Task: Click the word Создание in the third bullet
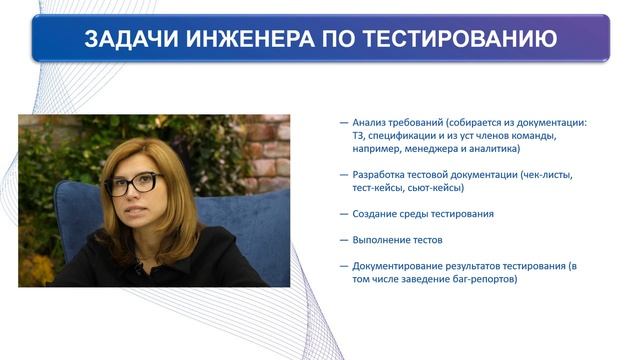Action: pos(376,214)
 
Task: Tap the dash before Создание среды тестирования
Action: pos(344,214)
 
